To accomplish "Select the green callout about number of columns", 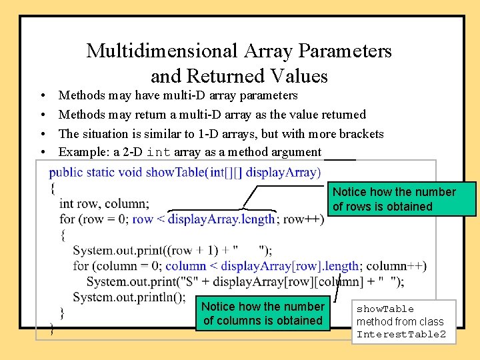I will click(x=263, y=313).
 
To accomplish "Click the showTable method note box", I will click(x=403, y=321).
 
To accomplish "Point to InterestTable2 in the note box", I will click(x=401, y=334).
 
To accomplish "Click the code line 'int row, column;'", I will click(x=104, y=203).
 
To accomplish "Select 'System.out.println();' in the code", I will click(x=129, y=297).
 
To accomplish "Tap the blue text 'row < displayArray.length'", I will click(x=203, y=219).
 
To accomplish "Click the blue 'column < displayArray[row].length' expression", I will click(x=262, y=266).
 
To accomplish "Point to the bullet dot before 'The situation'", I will click(x=41, y=135).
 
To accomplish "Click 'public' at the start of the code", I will click(x=65, y=172).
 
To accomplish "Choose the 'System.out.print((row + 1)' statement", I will click(x=145, y=250).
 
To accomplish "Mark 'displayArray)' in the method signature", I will click(x=283, y=172).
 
